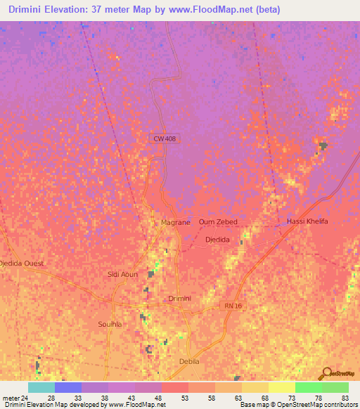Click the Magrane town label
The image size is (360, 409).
pyautogui.click(x=176, y=222)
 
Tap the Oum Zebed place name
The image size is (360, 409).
pyautogui.click(x=218, y=222)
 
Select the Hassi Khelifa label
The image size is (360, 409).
pyautogui.click(x=307, y=222)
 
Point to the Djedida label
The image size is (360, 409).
pyautogui.click(x=217, y=240)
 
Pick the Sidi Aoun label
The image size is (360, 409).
pyautogui.click(x=122, y=274)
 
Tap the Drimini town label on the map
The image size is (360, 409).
pyautogui.click(x=181, y=299)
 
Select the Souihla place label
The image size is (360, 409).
pyautogui.click(x=110, y=325)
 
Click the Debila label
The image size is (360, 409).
pyautogui.click(x=190, y=361)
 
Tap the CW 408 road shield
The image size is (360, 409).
pyautogui.click(x=165, y=139)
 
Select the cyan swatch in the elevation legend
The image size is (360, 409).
pyautogui.click(x=41, y=387)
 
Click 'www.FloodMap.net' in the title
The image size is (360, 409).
pyautogui.click(x=231, y=10)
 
